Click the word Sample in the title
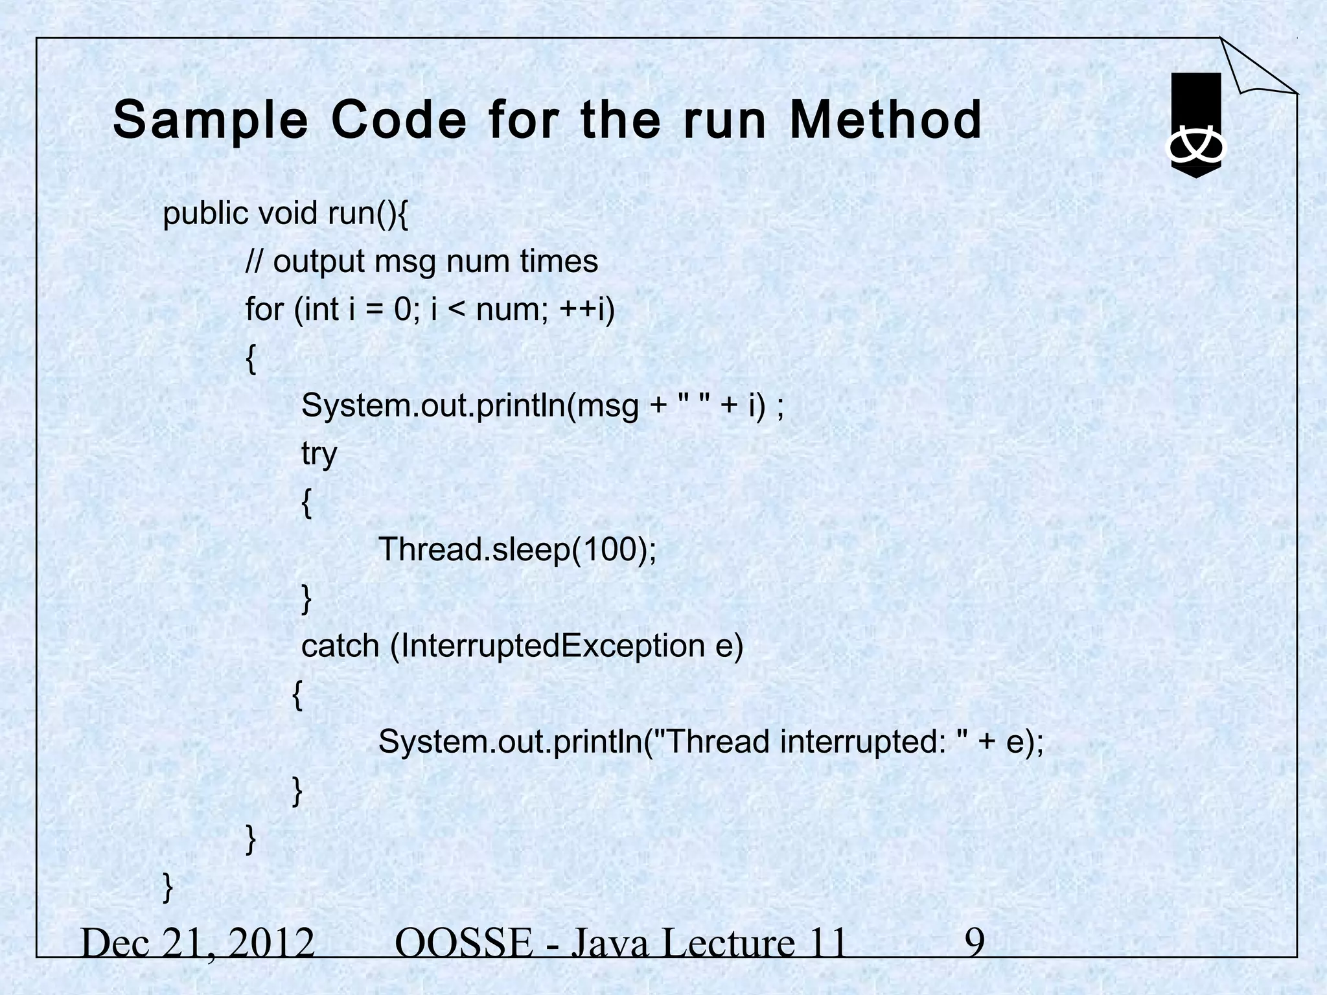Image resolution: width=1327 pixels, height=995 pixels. click(210, 120)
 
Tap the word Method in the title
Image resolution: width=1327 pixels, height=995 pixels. click(885, 120)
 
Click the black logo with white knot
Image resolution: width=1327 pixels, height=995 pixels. click(1195, 126)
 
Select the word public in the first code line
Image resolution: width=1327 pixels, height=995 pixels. click(205, 214)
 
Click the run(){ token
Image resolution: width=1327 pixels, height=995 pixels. click(367, 214)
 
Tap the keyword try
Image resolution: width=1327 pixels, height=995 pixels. click(319, 453)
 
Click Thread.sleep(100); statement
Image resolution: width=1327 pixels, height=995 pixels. click(517, 549)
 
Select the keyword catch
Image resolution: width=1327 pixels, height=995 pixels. click(340, 645)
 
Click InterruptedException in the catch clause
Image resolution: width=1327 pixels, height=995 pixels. click(548, 645)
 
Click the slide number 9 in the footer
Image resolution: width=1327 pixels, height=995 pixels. click(975, 943)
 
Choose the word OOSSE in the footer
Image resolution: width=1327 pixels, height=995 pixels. click(463, 943)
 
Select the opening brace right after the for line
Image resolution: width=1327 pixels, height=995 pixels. click(251, 358)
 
